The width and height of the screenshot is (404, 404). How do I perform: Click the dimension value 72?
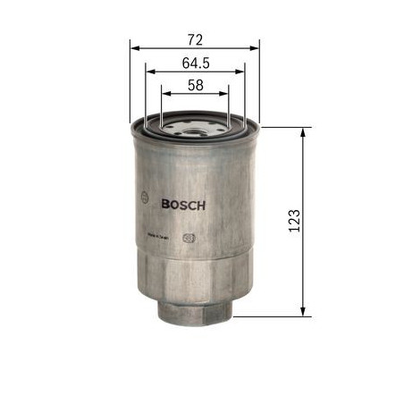(195, 39)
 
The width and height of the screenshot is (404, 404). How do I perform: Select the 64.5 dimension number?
(195, 63)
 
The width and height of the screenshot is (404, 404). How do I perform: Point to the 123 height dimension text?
(294, 222)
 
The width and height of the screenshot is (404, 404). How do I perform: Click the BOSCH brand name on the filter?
(183, 204)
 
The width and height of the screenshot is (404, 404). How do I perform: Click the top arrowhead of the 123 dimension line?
(307, 132)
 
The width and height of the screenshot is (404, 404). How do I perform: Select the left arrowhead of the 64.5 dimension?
(149, 72)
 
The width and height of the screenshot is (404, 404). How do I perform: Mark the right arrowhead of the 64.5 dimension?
(241, 72)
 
